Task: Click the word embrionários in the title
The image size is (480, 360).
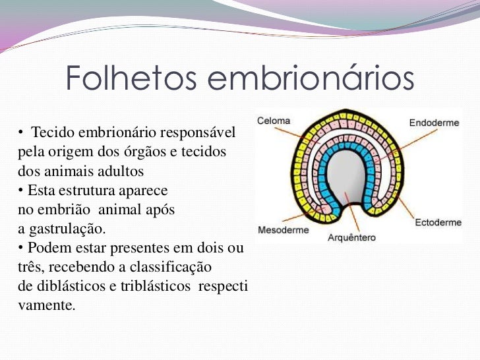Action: (311, 80)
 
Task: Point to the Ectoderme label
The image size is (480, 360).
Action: (438, 223)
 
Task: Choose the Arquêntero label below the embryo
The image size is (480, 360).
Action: (351, 238)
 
